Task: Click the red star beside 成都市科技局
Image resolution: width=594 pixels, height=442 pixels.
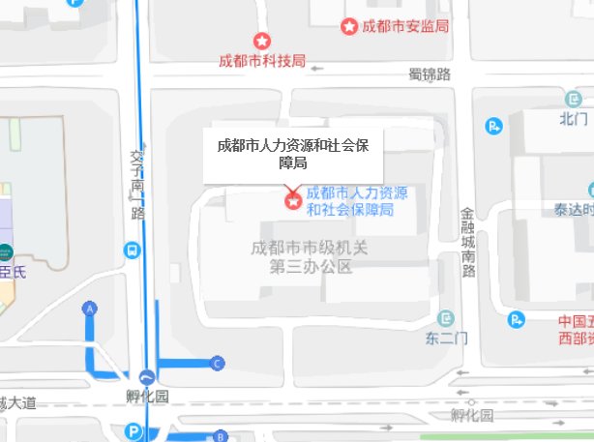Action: coord(260,42)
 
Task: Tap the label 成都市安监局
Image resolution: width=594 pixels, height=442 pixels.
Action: coord(405,26)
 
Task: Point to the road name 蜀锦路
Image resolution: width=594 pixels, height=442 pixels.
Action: coord(430,74)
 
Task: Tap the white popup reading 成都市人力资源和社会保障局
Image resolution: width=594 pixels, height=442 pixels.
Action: coord(293,155)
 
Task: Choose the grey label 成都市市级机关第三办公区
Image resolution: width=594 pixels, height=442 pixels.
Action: coord(310,257)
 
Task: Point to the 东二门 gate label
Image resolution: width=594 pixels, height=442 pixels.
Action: coord(446,339)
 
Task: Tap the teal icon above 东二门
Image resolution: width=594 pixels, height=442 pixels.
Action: coord(446,317)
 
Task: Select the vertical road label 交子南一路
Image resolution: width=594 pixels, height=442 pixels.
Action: coord(136,183)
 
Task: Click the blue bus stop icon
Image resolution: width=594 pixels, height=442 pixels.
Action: coord(131,250)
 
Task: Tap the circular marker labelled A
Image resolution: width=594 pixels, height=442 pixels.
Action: coord(91,309)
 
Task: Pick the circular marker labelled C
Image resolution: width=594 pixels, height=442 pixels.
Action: coord(218,363)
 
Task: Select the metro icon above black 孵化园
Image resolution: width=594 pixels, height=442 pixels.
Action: coord(147,378)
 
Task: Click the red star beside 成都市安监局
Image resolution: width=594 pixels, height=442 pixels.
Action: coord(349,26)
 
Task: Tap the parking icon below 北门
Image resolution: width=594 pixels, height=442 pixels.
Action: coord(494,125)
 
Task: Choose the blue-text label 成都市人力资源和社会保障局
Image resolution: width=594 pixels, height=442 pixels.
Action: coord(356,201)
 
